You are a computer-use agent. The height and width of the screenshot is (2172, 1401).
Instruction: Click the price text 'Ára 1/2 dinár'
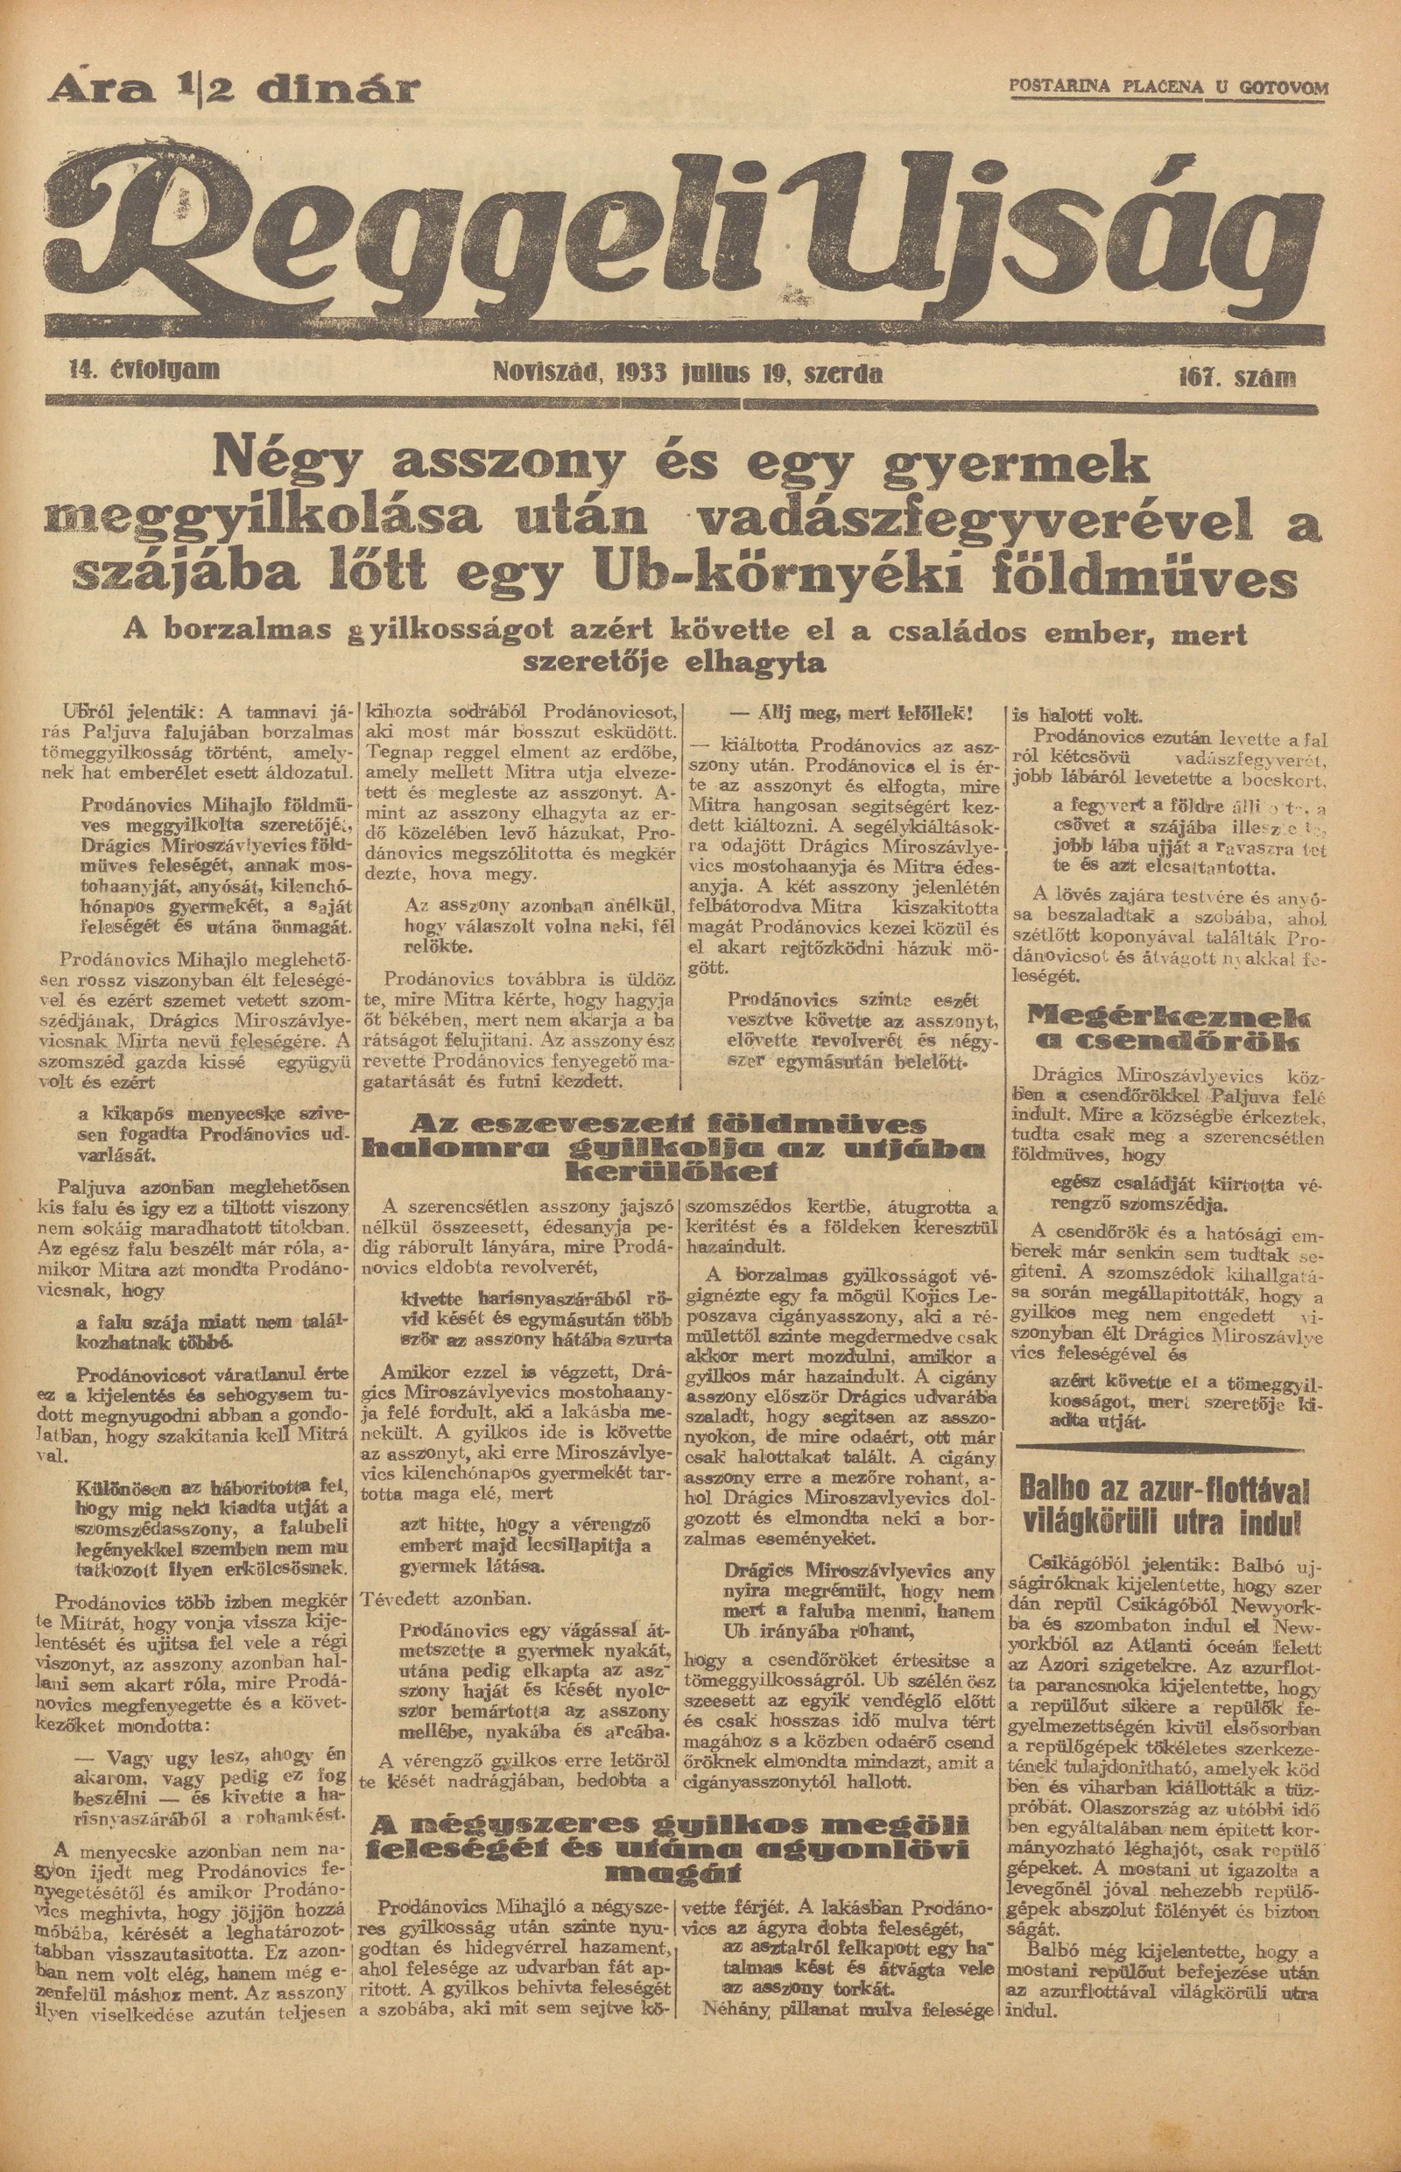pos(237,90)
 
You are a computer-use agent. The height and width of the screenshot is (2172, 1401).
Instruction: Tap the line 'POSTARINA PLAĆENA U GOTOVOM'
pos(1168,88)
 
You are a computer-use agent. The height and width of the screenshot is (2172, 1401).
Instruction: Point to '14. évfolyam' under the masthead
pos(144,370)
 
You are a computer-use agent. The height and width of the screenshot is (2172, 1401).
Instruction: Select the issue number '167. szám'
pos(1236,377)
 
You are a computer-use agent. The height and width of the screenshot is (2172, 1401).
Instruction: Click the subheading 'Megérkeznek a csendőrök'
pos(1166,1028)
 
